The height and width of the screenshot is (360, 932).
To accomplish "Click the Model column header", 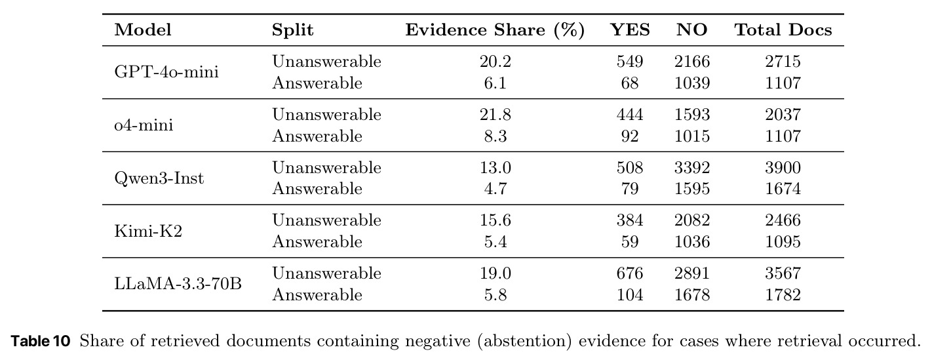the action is click(x=143, y=30).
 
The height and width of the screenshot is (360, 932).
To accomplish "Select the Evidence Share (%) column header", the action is click(x=495, y=30).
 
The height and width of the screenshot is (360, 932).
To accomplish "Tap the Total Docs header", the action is click(x=783, y=30).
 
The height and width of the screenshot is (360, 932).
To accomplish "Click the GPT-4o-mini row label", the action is click(x=166, y=72).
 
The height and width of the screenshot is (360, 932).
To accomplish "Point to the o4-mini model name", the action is click(x=144, y=125).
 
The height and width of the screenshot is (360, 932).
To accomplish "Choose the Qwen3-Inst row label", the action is click(x=159, y=178).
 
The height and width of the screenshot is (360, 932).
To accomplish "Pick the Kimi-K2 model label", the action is click(x=149, y=231).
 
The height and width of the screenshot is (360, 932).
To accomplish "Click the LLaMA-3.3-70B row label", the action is click(x=178, y=283).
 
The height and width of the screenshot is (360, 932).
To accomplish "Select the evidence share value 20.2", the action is click(x=495, y=61).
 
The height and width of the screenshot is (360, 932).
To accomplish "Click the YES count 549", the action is click(x=630, y=61).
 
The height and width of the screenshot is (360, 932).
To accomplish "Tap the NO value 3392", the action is click(x=692, y=167).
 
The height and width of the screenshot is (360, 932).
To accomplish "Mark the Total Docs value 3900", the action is click(x=783, y=167).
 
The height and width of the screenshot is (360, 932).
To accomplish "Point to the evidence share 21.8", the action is click(x=495, y=115).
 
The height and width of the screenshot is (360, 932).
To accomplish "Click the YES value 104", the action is click(x=630, y=294).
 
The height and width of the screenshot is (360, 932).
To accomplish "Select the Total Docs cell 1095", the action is click(x=783, y=241).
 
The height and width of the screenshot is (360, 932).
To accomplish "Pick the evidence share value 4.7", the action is click(x=495, y=189).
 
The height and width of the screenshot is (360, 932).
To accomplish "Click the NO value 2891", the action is click(x=692, y=273).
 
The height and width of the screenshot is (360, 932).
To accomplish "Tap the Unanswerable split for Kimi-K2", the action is click(x=326, y=220).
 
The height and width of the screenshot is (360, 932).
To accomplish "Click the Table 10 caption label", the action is click(x=41, y=341).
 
